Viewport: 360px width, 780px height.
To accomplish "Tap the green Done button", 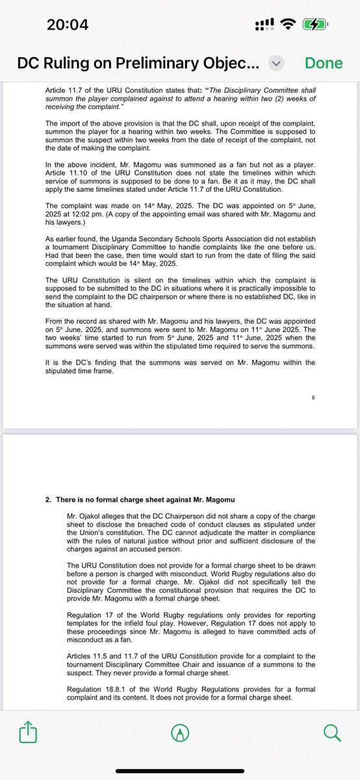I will coord(324,62).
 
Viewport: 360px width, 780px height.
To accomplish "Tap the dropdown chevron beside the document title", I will coord(276,63).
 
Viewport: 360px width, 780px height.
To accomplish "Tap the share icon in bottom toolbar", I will coord(27,733).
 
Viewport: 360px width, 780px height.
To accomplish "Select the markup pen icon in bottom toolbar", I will coord(179,733).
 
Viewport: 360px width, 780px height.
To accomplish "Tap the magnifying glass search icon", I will coord(331,733).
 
